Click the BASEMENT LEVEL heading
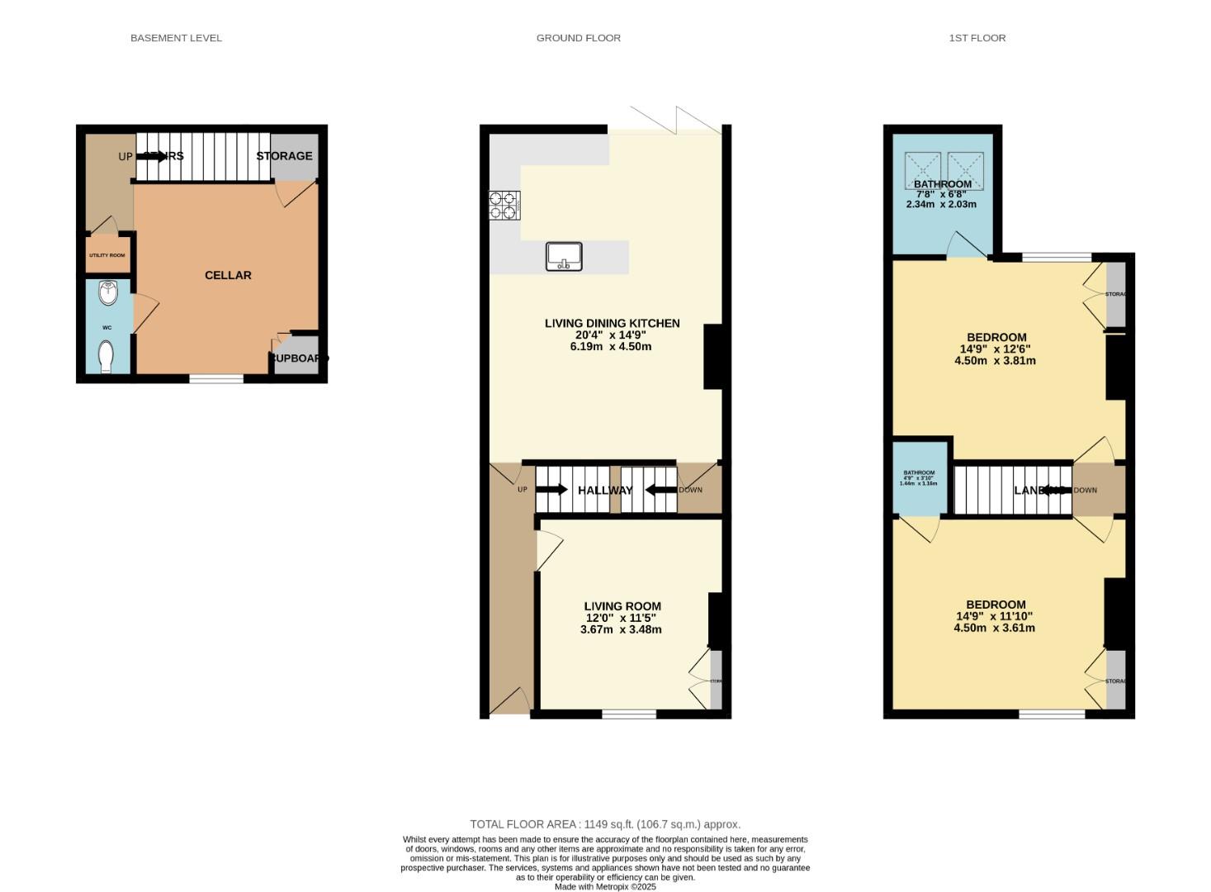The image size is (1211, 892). coord(176,38)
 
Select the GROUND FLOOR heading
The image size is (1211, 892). coord(578,38)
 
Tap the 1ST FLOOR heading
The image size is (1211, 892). coord(977,38)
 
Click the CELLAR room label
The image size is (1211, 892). coord(228,275)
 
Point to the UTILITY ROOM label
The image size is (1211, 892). coord(107,255)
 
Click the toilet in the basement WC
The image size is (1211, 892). coord(106,358)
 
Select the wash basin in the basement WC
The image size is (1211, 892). coord(107,292)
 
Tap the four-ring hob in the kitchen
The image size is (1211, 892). coord(504,205)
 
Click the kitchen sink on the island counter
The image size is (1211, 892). coord(564,256)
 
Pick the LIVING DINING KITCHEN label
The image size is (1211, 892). coord(612,323)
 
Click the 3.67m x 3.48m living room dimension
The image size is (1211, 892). coord(621,629)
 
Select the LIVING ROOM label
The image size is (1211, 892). coord(622,606)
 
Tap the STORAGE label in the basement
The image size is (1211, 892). coord(284,156)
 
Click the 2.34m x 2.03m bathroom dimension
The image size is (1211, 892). coord(941,204)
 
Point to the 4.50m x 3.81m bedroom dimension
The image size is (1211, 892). coord(995,360)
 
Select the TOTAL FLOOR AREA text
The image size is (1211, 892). coord(605,824)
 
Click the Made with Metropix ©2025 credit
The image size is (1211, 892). coord(605,886)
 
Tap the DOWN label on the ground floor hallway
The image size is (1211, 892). coord(690,490)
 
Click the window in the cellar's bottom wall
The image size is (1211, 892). coord(216,379)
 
